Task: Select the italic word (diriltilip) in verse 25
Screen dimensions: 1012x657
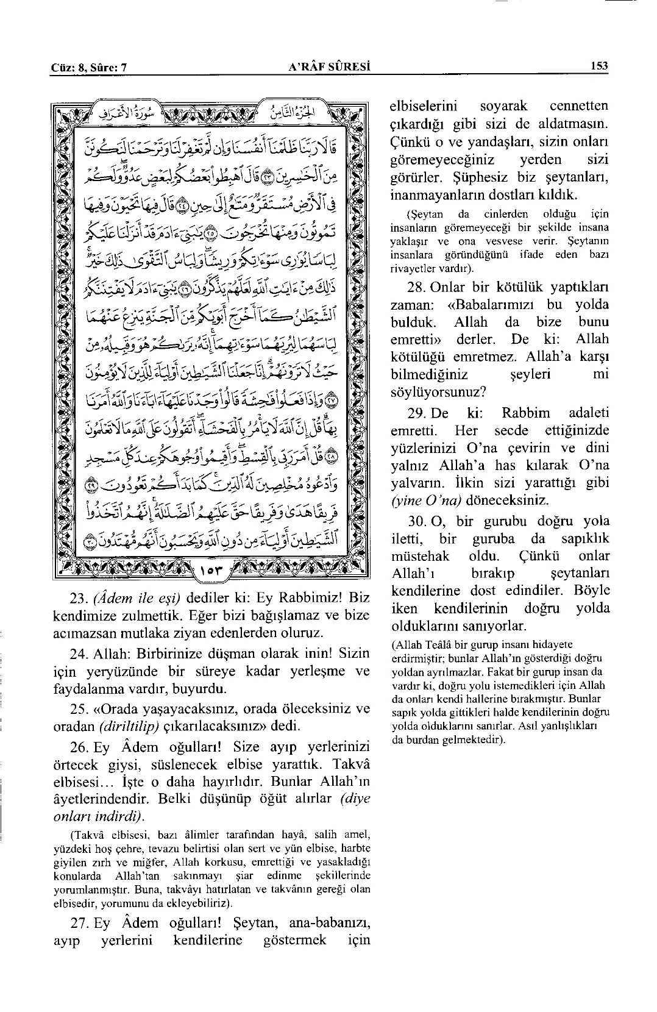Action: pos(129,727)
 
